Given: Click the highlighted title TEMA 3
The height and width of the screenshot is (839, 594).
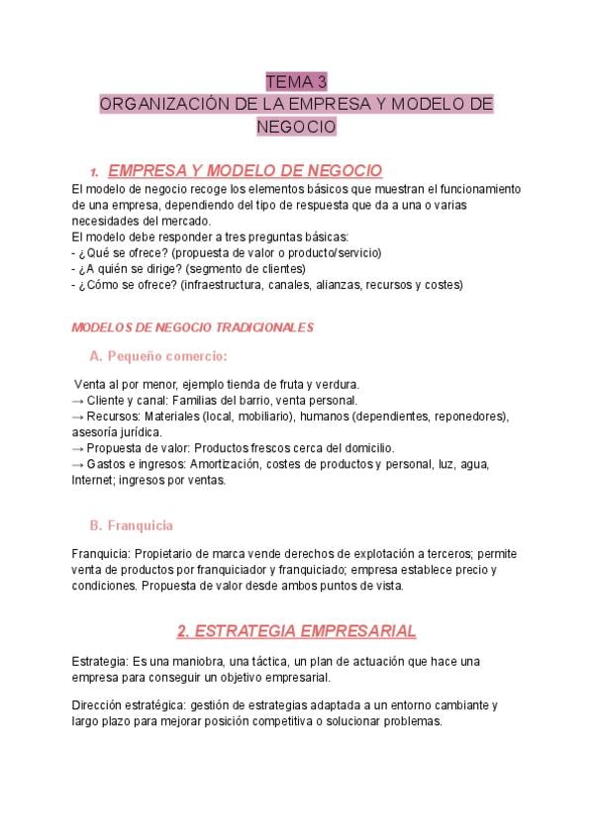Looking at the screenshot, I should click(x=296, y=81).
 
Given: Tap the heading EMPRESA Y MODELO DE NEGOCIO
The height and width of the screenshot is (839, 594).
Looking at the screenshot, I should click(x=244, y=170).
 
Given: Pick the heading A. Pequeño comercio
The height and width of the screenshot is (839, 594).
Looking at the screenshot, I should click(x=157, y=356).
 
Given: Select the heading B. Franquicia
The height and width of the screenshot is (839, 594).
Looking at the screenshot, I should click(x=131, y=525).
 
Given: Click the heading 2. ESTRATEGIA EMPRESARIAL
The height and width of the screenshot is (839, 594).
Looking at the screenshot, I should click(x=296, y=630).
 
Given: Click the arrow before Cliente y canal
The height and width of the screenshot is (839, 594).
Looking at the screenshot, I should click(x=79, y=400).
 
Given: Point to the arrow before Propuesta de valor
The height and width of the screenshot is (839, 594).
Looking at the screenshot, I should click(x=79, y=447).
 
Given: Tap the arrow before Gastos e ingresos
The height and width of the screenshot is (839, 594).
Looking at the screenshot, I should click(x=79, y=463).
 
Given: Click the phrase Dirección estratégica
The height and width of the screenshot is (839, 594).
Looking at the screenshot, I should click(x=127, y=705).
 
